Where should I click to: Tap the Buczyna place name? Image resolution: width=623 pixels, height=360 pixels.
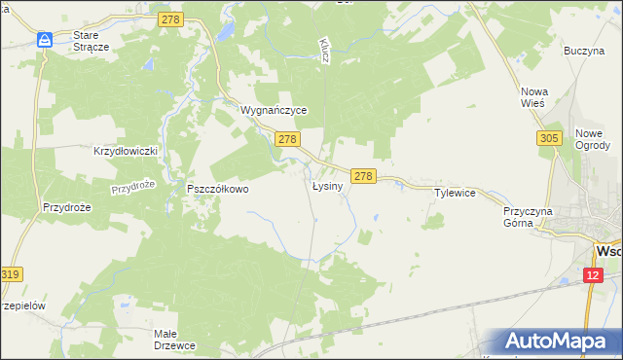(x=584, y=50)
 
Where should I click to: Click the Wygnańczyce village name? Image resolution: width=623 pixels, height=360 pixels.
(x=275, y=111)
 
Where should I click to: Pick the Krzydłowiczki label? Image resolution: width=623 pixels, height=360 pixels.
(x=126, y=152)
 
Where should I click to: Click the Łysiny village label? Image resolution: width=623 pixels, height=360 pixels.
(x=328, y=186)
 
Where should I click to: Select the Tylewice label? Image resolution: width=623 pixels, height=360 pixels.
(x=455, y=194)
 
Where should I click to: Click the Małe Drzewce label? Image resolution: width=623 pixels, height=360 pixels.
(x=178, y=340)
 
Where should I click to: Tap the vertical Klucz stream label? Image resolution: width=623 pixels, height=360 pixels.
(x=323, y=51)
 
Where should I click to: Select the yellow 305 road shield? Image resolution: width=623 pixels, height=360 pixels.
(x=548, y=139)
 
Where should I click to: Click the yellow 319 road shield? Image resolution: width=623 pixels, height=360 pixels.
(x=11, y=275)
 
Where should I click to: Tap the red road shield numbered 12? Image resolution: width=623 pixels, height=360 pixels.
(x=595, y=276)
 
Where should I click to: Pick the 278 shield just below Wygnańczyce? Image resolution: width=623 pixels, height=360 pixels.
(x=286, y=140)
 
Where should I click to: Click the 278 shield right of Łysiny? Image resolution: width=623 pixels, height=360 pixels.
(x=363, y=176)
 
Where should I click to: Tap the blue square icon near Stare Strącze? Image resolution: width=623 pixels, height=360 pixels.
(x=45, y=40)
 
